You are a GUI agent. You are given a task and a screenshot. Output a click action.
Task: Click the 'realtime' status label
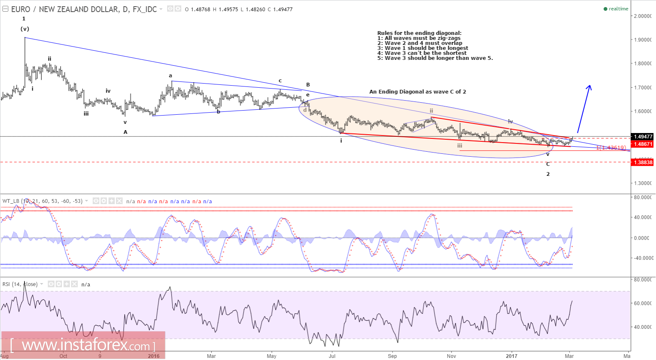(x=618, y=9)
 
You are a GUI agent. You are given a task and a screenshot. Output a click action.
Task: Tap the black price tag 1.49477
(x=642, y=136)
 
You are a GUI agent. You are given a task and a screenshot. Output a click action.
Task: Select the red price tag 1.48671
(x=642, y=144)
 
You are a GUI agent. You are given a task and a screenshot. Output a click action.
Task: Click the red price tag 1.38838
(x=642, y=162)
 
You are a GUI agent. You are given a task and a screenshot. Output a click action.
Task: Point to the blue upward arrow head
(x=589, y=87)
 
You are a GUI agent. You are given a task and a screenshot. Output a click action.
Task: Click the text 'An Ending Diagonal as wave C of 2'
(x=417, y=92)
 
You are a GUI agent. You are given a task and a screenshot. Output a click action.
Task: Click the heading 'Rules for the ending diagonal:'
(x=419, y=33)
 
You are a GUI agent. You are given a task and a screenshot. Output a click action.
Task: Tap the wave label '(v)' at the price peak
(x=25, y=29)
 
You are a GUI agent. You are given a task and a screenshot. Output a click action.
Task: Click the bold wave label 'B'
(x=308, y=85)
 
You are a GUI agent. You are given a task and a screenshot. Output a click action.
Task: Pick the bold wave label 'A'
(x=125, y=132)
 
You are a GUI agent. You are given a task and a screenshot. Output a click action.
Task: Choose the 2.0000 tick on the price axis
(x=642, y=16)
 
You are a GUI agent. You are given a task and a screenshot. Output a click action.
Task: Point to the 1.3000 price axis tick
(x=642, y=183)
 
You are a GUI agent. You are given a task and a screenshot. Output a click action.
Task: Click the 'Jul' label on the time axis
(x=332, y=356)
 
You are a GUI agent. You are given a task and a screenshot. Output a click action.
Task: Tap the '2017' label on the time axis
(x=511, y=356)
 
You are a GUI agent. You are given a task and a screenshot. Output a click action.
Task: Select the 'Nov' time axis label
(x=451, y=356)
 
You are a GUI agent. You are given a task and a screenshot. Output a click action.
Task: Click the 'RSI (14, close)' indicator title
(x=20, y=284)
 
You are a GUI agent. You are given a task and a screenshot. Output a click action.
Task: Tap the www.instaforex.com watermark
(x=83, y=345)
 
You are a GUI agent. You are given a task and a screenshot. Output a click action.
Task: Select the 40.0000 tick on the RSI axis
(x=642, y=327)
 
